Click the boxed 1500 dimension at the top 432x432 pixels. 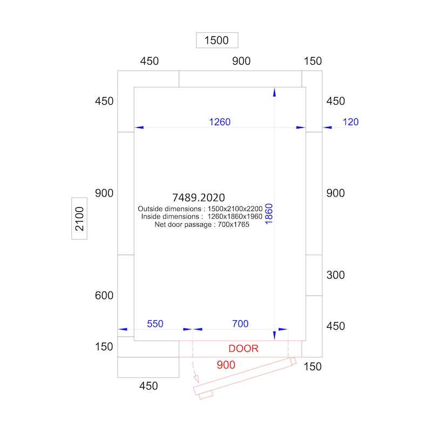(217, 40)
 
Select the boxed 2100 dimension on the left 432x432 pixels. (79, 219)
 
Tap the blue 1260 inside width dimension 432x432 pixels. (220, 122)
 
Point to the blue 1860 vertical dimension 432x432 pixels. (269, 218)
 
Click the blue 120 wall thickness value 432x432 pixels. (350, 122)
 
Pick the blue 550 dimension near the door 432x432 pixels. (155, 324)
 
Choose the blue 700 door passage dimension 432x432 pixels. (240, 324)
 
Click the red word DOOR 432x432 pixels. (243, 349)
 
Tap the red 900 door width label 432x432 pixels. (226, 365)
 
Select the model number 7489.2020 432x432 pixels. (198, 198)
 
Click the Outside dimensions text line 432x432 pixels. (200, 208)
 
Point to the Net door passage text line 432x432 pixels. (202, 224)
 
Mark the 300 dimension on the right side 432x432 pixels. (335, 275)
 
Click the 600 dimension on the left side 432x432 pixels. (104, 295)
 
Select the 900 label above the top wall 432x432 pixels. (241, 61)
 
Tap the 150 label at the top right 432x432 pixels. (313, 61)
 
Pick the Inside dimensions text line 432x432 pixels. (201, 217)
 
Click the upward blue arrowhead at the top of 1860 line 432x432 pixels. (274, 92)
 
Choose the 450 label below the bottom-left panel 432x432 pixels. (148, 386)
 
